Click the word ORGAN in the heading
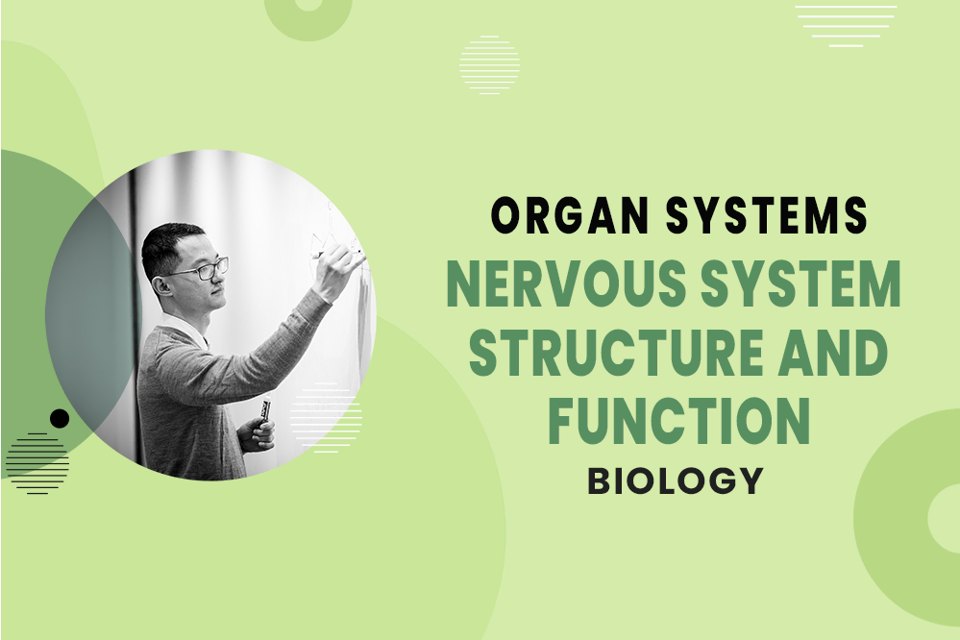(556, 217)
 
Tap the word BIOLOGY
(676, 480)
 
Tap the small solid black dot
(60, 418)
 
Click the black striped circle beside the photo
(37, 462)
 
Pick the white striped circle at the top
(489, 64)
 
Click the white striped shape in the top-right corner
(845, 25)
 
